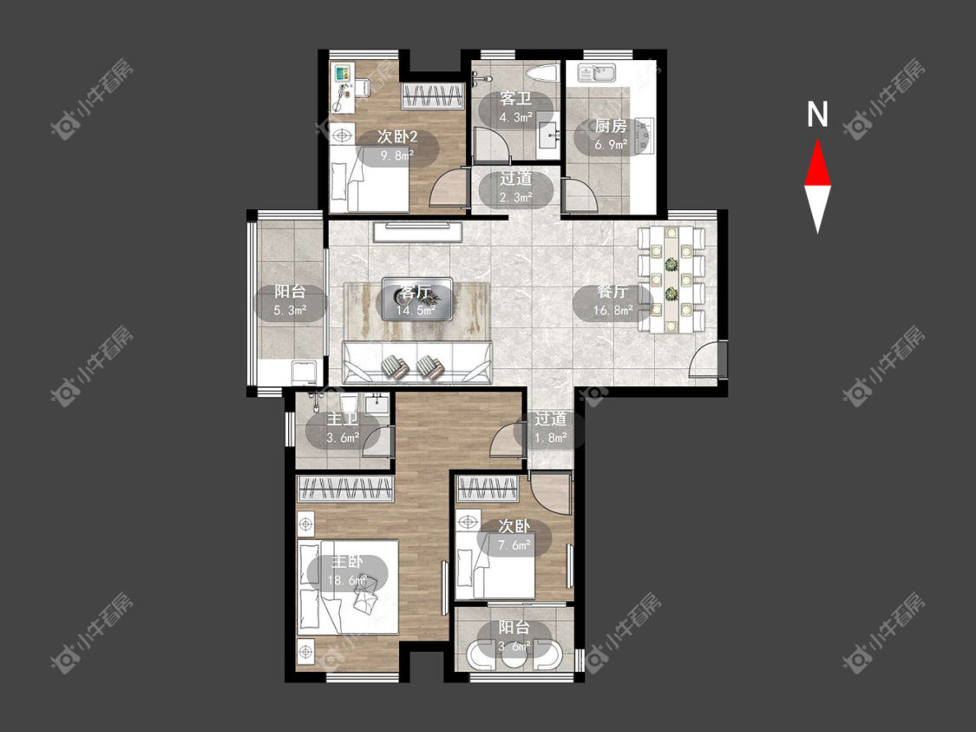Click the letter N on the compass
click(x=817, y=115)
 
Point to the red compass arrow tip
click(x=817, y=140)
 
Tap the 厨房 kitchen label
click(x=611, y=127)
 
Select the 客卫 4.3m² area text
click(x=516, y=116)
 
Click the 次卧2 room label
click(x=397, y=137)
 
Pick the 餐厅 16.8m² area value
click(x=612, y=310)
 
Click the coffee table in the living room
click(x=417, y=299)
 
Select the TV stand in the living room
click(x=417, y=232)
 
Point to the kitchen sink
click(x=597, y=73)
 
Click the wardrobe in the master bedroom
click(x=345, y=488)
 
